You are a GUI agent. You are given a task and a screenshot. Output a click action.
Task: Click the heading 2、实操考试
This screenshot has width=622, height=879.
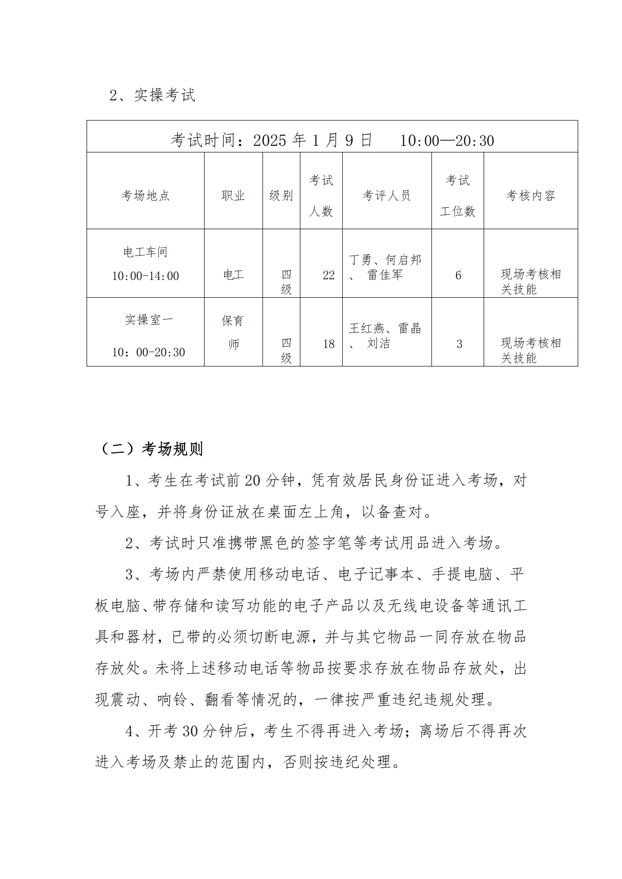pyautogui.click(x=152, y=95)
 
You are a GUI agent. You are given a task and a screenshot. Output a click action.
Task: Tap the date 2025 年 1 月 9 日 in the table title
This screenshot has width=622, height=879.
pyautogui.click(x=312, y=141)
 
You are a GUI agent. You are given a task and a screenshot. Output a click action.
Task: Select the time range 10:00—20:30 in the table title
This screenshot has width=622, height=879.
pyautogui.click(x=447, y=141)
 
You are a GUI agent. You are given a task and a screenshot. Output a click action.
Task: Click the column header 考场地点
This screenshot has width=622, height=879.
pyautogui.click(x=145, y=196)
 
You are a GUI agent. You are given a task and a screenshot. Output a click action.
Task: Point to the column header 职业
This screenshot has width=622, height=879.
pyautogui.click(x=233, y=196)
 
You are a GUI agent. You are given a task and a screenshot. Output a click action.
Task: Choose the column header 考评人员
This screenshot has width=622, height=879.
pyautogui.click(x=387, y=196)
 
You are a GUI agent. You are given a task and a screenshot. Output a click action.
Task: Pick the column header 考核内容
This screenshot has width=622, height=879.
pyautogui.click(x=531, y=196)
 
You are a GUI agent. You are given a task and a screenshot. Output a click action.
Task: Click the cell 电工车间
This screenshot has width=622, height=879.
pyautogui.click(x=145, y=252)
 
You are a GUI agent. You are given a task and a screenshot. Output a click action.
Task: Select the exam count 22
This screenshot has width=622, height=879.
pyautogui.click(x=328, y=275)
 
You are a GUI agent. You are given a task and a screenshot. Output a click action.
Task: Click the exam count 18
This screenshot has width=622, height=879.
pyautogui.click(x=328, y=344)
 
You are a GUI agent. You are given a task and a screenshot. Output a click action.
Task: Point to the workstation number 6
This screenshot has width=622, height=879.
pyautogui.click(x=458, y=275)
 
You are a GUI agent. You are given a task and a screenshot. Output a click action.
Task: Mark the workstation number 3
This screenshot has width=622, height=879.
pyautogui.click(x=459, y=344)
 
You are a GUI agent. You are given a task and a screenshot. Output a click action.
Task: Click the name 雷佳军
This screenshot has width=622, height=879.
pyautogui.click(x=385, y=275)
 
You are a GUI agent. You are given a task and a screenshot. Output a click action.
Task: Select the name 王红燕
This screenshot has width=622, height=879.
pyautogui.click(x=367, y=328)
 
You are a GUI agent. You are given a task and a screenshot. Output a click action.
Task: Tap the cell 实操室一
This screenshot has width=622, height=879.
pyautogui.click(x=149, y=320)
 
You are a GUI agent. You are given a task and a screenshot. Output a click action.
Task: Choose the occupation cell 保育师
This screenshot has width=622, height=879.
pyautogui.click(x=233, y=332)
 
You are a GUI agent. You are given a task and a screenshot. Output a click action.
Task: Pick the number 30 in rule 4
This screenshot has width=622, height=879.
pyautogui.click(x=190, y=731)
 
